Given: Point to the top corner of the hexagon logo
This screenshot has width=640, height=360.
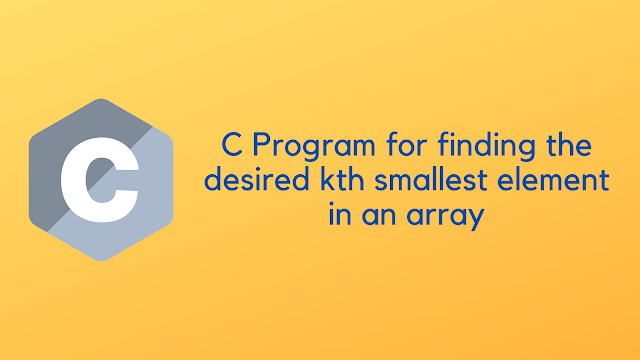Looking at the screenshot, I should [101, 100].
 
